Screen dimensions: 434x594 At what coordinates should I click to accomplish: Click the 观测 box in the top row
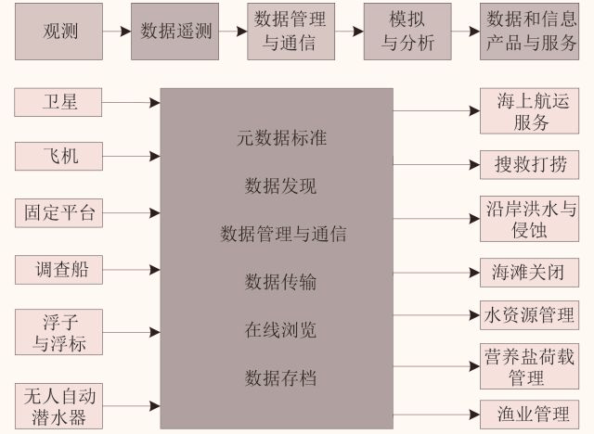tap(59, 31)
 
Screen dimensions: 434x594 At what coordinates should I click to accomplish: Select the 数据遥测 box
tap(176, 31)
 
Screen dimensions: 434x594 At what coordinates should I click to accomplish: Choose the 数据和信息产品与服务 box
tap(529, 31)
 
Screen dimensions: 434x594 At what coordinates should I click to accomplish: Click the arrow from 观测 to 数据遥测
tap(117, 31)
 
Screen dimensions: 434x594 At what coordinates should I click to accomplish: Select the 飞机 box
tap(59, 157)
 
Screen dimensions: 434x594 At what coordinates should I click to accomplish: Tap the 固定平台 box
tap(59, 212)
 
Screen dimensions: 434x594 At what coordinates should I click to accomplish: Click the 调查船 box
tap(59, 270)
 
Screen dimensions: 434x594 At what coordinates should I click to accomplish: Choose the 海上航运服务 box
tap(529, 110)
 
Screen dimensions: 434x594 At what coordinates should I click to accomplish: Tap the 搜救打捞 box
tap(529, 165)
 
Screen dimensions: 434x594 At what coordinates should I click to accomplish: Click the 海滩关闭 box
tap(529, 273)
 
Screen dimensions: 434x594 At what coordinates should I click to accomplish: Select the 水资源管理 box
tap(529, 314)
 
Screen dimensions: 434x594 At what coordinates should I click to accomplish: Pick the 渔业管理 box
tap(529, 413)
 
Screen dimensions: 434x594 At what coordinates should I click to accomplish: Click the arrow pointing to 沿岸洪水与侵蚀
tap(436, 219)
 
